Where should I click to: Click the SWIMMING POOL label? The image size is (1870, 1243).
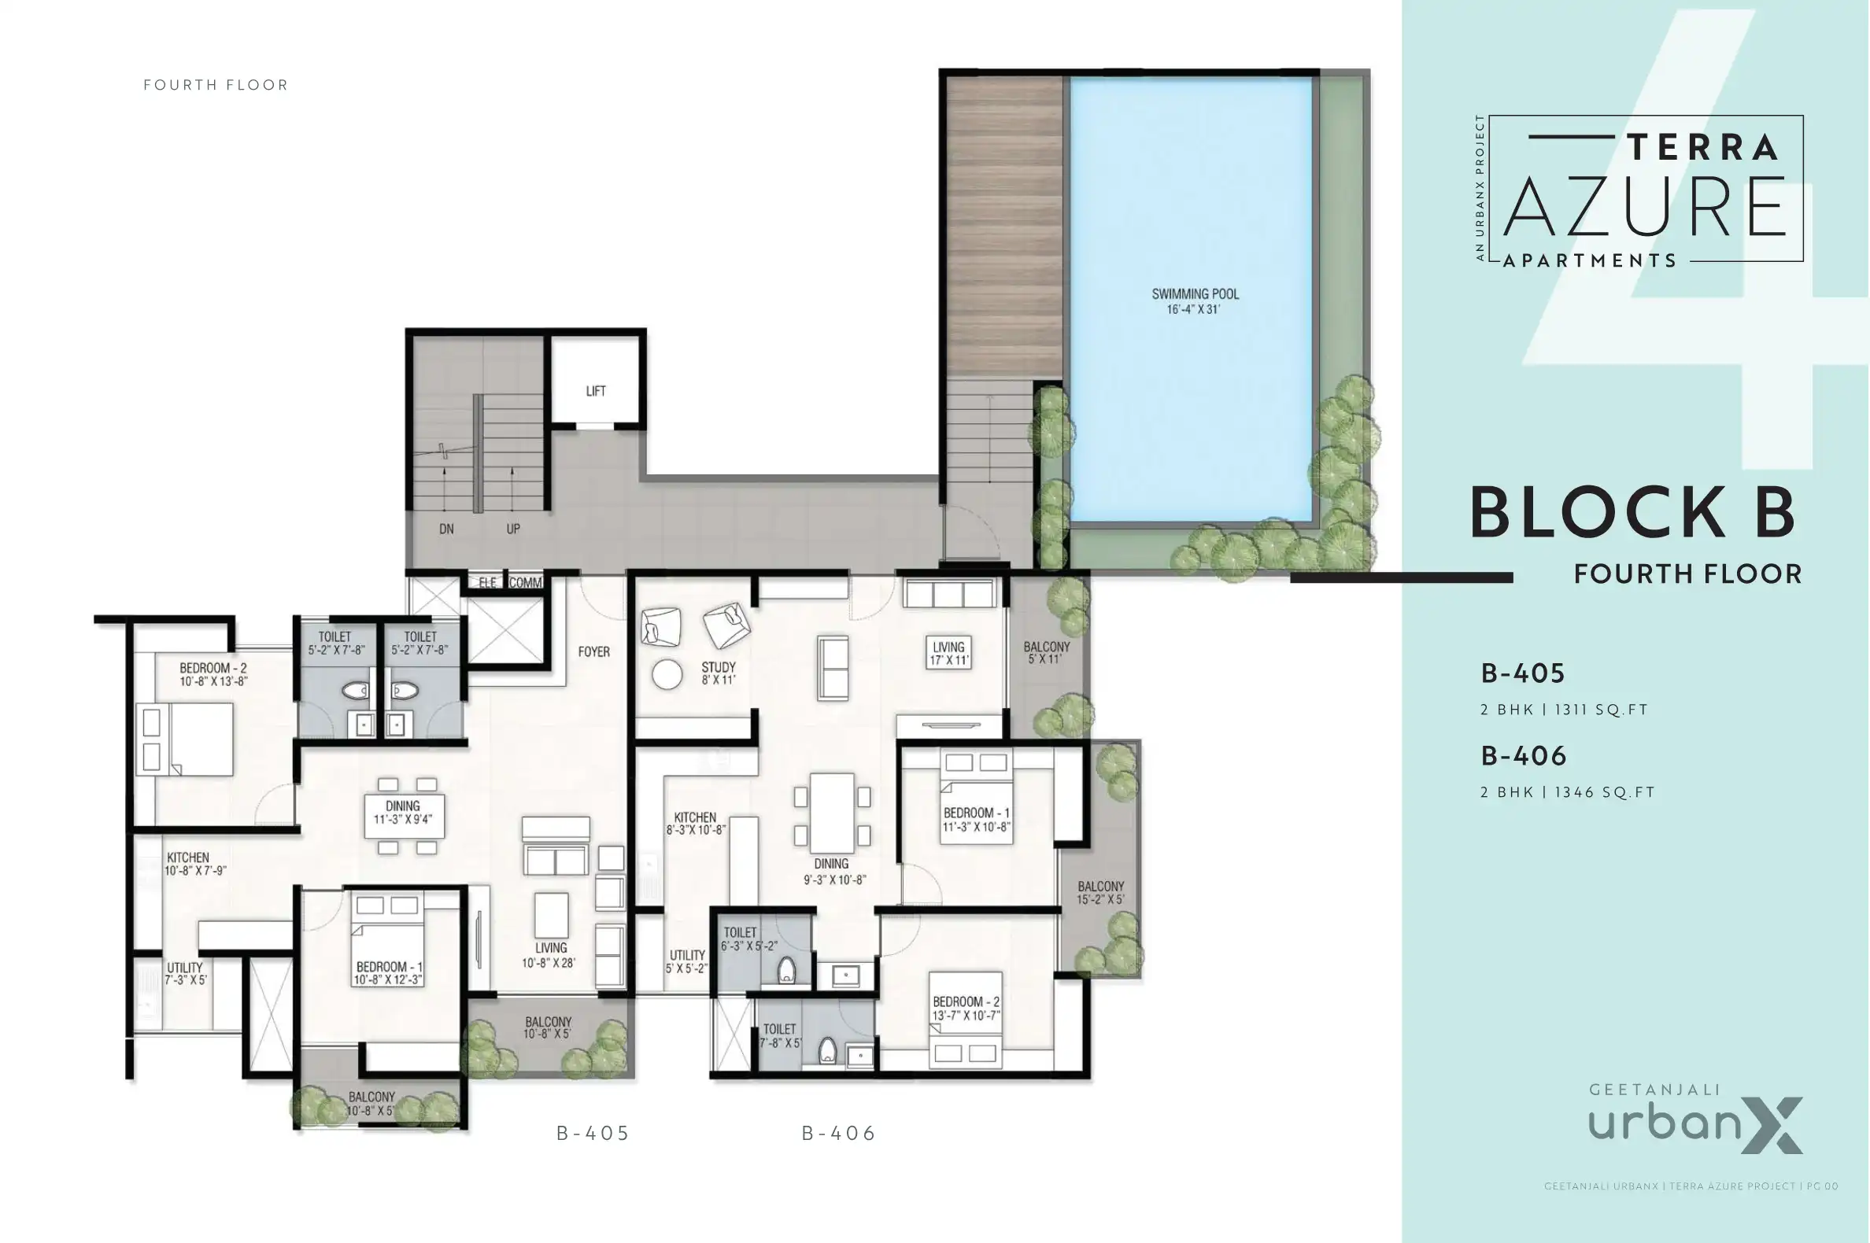tap(1194, 301)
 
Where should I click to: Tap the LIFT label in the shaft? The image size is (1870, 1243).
tap(596, 391)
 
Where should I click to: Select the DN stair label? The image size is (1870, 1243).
tap(446, 529)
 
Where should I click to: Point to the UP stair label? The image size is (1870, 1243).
tap(513, 529)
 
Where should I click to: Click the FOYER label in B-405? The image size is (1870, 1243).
tap(594, 651)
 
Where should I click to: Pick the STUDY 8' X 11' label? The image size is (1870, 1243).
tap(719, 673)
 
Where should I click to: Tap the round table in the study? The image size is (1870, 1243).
tap(667, 675)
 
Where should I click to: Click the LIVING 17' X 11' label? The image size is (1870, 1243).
tap(948, 653)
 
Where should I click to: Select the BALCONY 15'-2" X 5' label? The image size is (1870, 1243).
tap(1101, 893)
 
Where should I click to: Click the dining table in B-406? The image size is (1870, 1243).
tap(832, 814)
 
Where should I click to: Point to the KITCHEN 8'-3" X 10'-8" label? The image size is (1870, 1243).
tap(696, 823)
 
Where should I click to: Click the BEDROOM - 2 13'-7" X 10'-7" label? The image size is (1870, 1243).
tap(966, 1009)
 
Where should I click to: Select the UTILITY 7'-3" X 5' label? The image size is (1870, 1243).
tap(185, 973)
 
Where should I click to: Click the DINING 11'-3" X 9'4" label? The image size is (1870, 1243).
tap(403, 813)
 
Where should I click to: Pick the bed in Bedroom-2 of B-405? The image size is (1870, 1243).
tap(185, 739)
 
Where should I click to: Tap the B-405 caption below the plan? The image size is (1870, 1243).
tap(593, 1134)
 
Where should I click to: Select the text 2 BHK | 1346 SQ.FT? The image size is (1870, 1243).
tap(1567, 792)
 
